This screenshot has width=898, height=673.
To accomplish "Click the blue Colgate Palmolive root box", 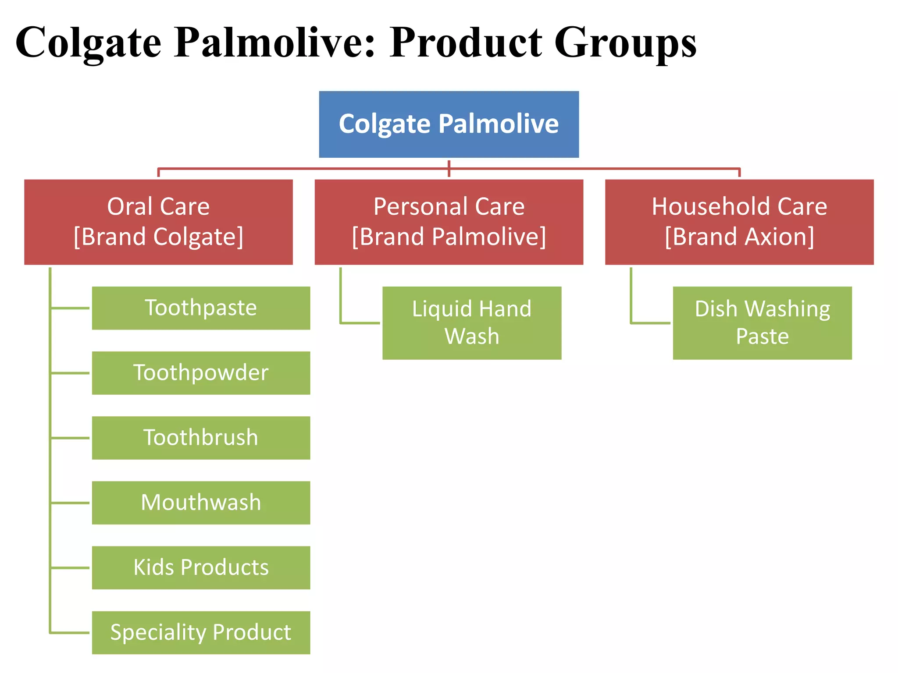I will click(x=449, y=124).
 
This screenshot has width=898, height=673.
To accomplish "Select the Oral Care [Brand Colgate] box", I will click(x=158, y=222).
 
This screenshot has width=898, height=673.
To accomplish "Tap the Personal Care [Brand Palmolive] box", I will click(x=449, y=222).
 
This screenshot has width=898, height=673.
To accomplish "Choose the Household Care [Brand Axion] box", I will click(x=739, y=222).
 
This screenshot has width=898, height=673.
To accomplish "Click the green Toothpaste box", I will click(x=201, y=308).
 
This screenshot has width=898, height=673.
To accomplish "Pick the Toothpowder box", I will click(x=201, y=373).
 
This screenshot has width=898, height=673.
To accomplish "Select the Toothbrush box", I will click(x=201, y=438).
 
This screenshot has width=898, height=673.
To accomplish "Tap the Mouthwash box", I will click(x=201, y=503).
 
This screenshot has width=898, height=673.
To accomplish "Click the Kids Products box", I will click(x=201, y=567).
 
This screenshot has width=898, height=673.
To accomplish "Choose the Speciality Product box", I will click(x=201, y=632).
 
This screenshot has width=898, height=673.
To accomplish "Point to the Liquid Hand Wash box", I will click(x=472, y=323).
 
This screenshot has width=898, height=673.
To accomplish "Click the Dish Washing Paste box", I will click(x=762, y=323).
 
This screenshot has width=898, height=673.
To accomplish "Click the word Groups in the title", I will click(x=625, y=43).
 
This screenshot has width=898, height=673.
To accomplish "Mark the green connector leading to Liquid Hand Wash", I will click(x=360, y=323).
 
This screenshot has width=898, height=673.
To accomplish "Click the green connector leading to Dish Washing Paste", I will click(x=650, y=323).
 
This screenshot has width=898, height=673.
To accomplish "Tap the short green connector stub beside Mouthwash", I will click(x=70, y=503).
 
